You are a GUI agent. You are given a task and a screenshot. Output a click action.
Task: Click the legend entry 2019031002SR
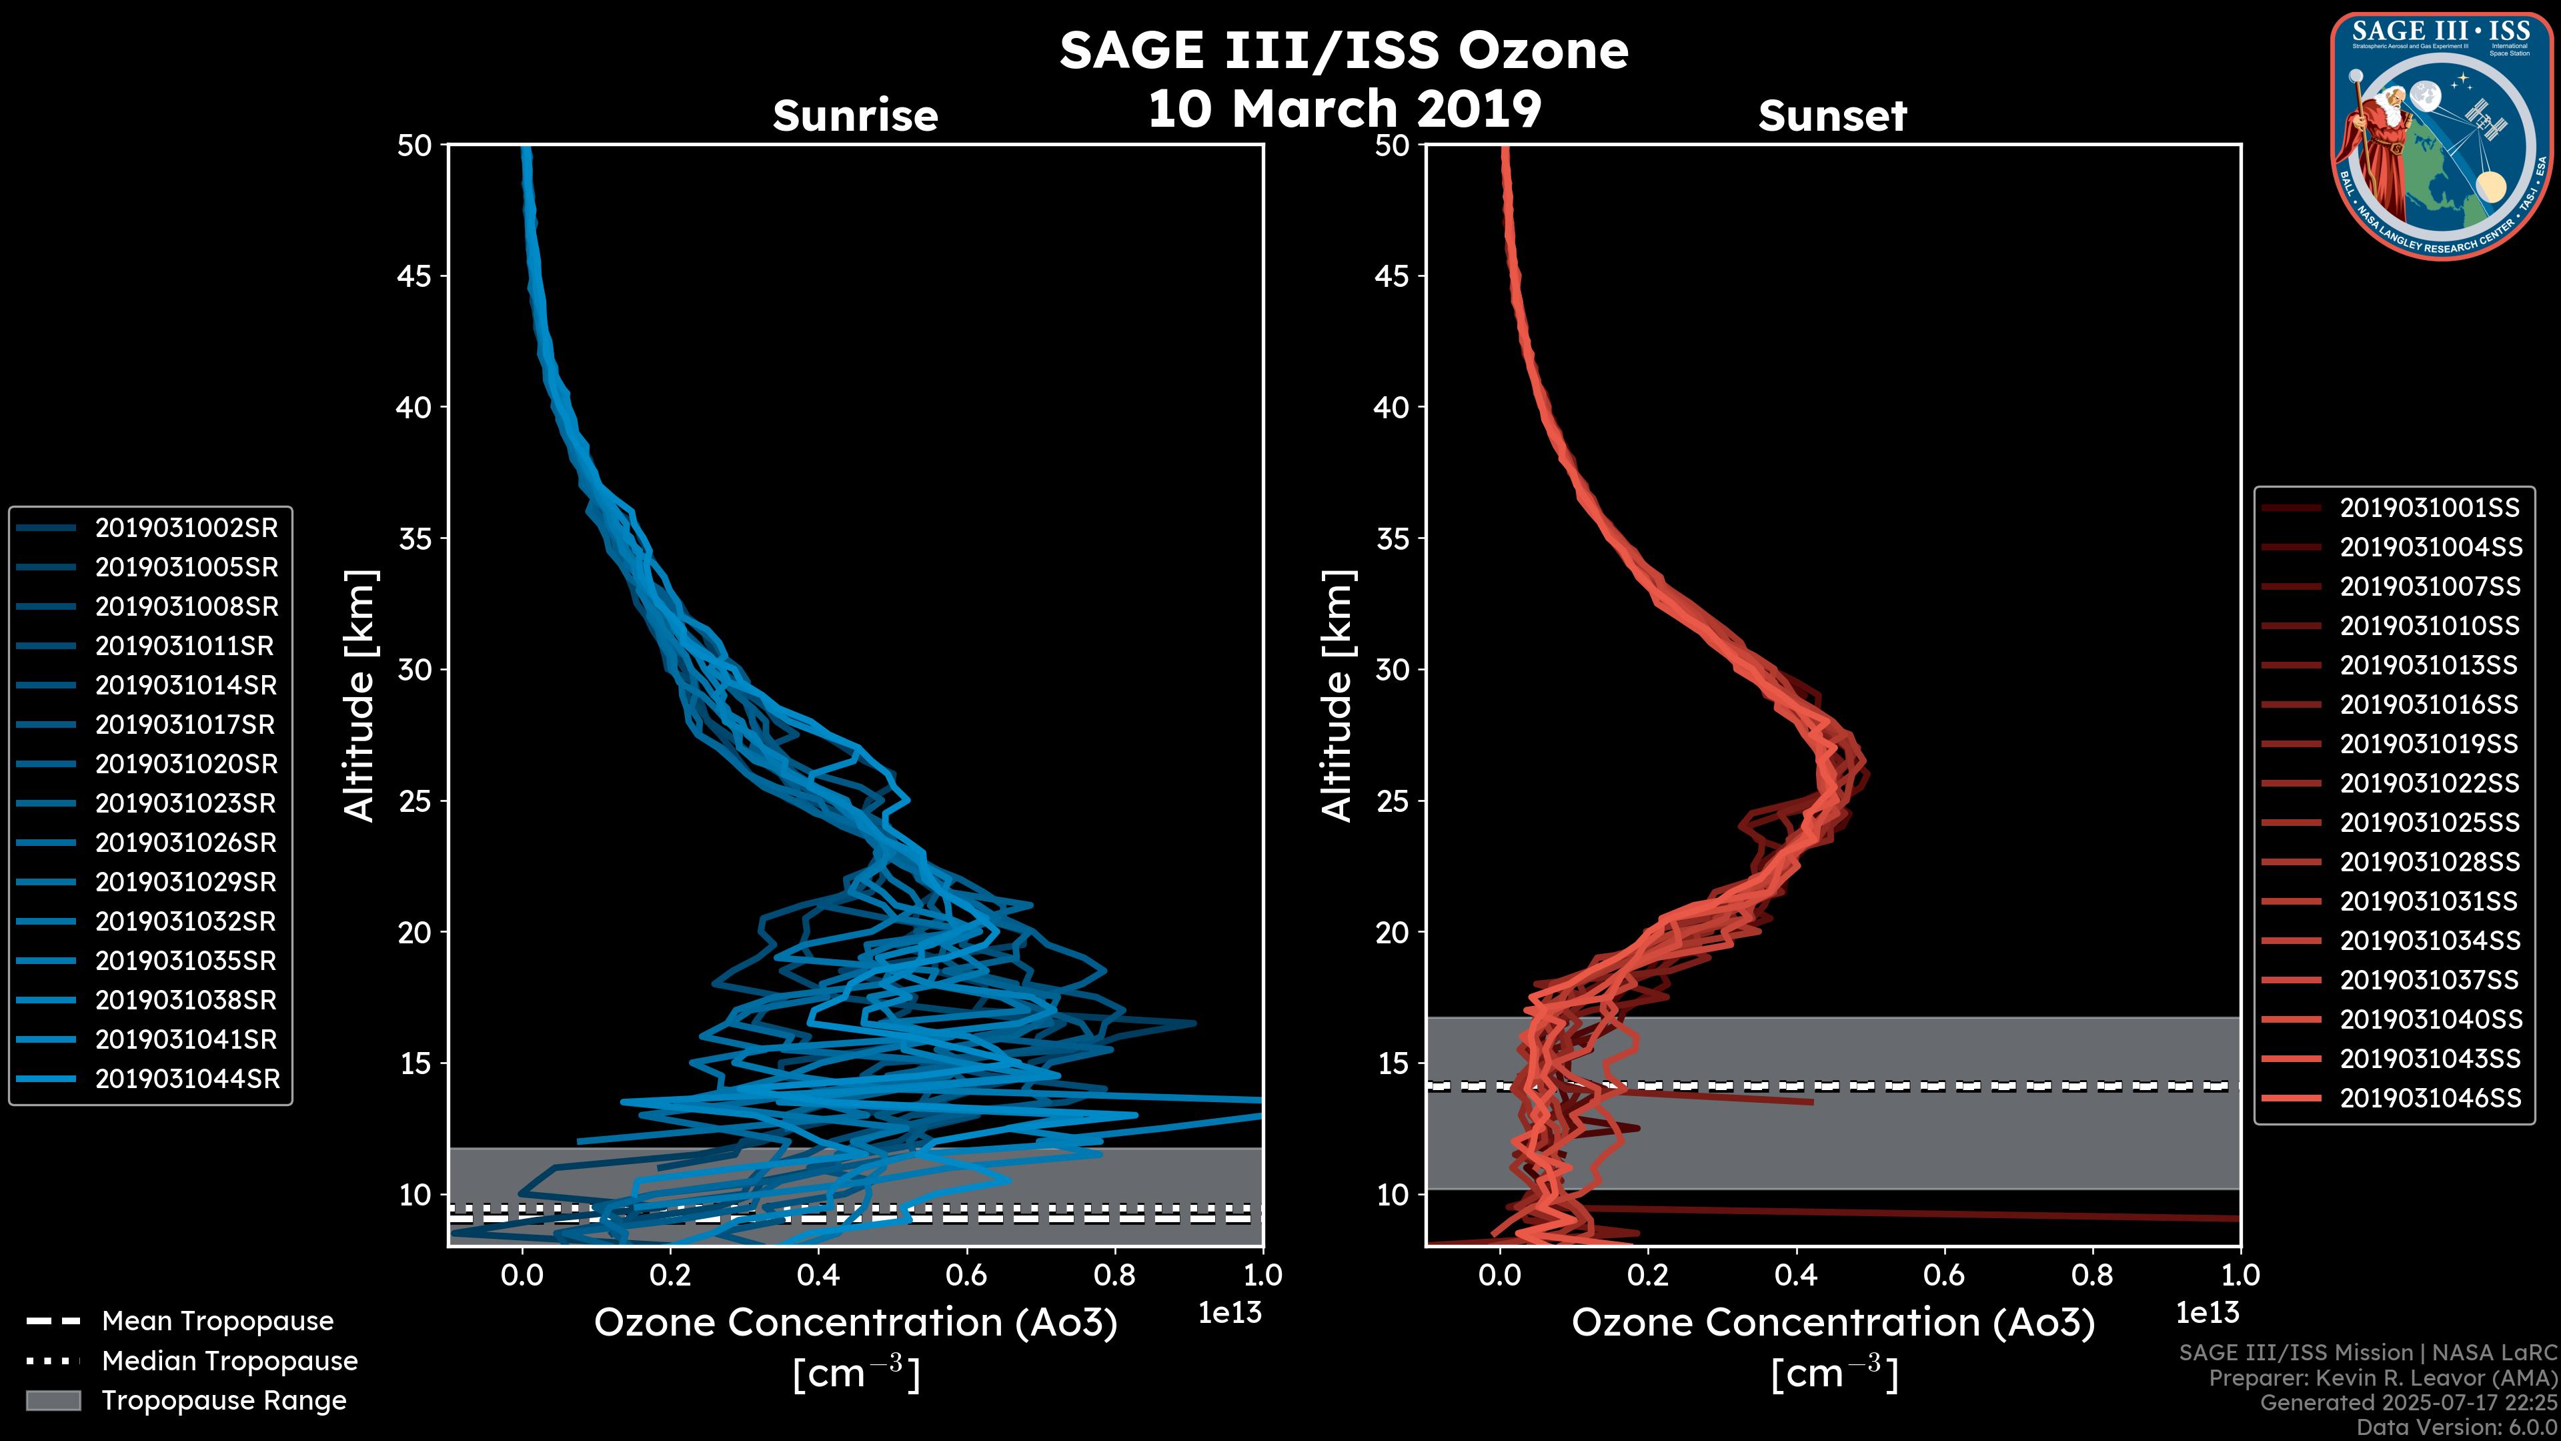pyautogui.click(x=186, y=528)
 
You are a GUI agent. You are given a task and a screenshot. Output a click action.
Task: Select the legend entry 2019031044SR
pyautogui.click(x=187, y=1079)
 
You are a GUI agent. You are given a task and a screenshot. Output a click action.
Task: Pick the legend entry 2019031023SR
pyautogui.click(x=186, y=803)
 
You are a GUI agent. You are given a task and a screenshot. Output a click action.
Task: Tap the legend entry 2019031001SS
pyautogui.click(x=2429, y=508)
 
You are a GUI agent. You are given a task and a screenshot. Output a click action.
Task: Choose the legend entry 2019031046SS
pyautogui.click(x=2430, y=1098)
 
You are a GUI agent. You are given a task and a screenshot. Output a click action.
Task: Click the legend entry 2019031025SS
pyautogui.click(x=2430, y=823)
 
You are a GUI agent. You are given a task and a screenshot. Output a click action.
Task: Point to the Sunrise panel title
pyautogui.click(x=855, y=116)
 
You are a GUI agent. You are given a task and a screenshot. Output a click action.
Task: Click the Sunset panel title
pyautogui.click(x=1832, y=116)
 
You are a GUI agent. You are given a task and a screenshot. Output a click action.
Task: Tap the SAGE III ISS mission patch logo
pyautogui.click(x=2441, y=135)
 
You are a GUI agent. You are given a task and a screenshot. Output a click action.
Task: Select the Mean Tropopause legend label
pyautogui.click(x=217, y=1321)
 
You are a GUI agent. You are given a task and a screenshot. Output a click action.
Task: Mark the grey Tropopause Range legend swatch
pyautogui.click(x=53, y=1400)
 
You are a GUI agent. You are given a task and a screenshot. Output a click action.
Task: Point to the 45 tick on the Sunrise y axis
pyautogui.click(x=415, y=276)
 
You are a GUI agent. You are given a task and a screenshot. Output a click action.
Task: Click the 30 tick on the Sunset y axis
pyautogui.click(x=1392, y=670)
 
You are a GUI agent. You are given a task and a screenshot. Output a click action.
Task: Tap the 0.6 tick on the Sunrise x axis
pyautogui.click(x=966, y=1275)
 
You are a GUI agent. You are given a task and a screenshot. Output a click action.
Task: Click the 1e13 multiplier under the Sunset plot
pyautogui.click(x=2207, y=1313)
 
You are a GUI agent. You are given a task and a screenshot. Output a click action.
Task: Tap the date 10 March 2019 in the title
pyautogui.click(x=1344, y=108)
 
